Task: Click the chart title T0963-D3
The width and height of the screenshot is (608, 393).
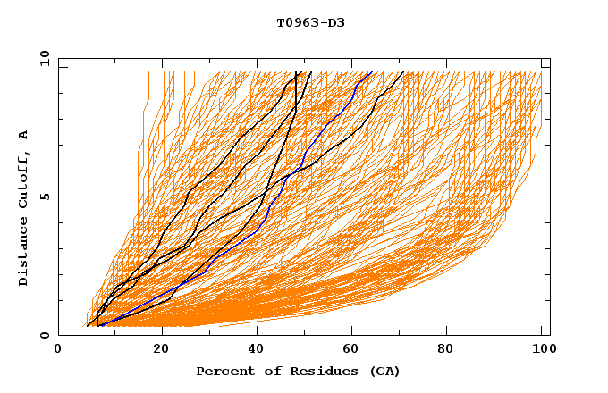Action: click(310, 22)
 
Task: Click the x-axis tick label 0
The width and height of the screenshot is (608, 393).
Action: click(58, 350)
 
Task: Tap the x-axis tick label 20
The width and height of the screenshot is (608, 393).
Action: click(161, 350)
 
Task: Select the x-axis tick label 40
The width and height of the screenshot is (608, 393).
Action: click(258, 350)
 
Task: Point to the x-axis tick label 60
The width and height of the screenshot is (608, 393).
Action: click(354, 350)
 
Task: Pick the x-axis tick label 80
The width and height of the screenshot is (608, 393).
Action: click(451, 350)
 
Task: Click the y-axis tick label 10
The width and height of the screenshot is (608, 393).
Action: click(43, 59)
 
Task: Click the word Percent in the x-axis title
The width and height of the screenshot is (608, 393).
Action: click(223, 372)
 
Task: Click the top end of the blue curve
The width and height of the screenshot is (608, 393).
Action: click(371, 72)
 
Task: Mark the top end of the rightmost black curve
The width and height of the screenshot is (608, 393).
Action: click(403, 72)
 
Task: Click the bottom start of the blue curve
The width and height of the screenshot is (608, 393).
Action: click(102, 325)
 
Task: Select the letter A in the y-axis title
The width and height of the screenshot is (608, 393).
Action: click(24, 135)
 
